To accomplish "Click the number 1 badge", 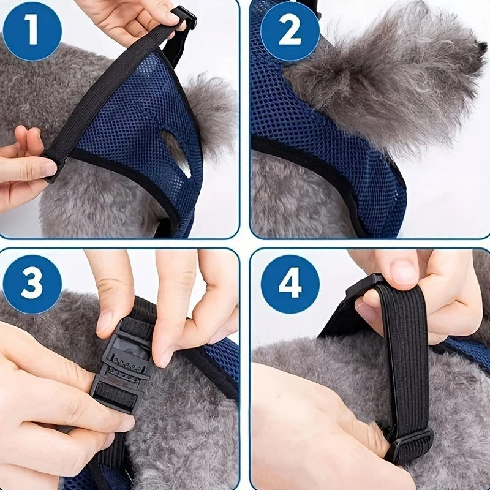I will (32, 31).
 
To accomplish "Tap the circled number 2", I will (290, 31).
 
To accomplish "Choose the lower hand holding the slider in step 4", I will (312, 429).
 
